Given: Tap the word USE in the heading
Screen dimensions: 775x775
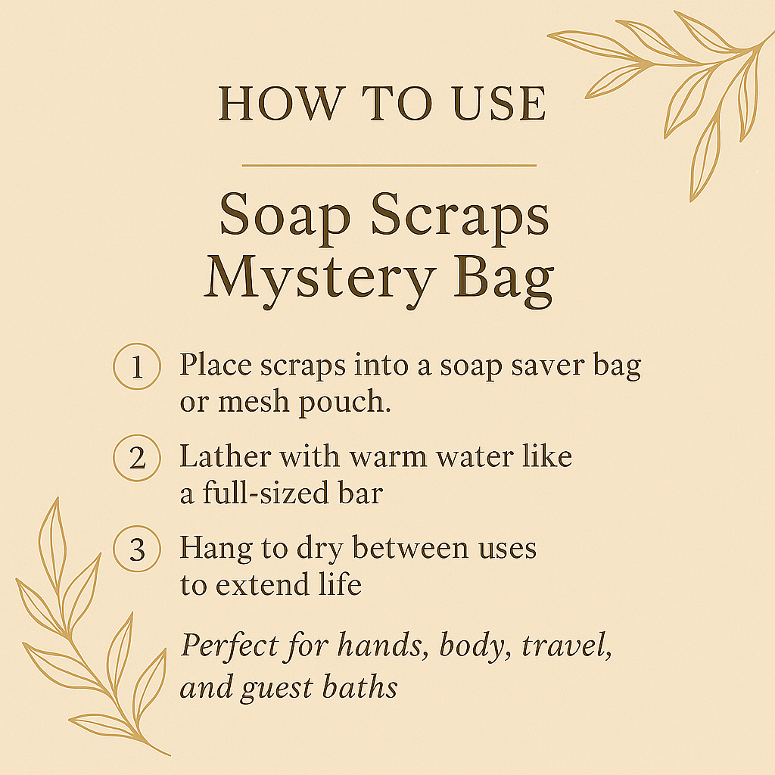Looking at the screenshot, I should click(x=502, y=104).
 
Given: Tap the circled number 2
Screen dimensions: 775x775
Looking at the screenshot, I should click(x=136, y=459).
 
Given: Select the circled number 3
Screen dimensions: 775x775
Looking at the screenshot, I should click(x=136, y=549).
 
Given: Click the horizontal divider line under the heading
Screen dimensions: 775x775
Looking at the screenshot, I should click(x=388, y=164).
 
